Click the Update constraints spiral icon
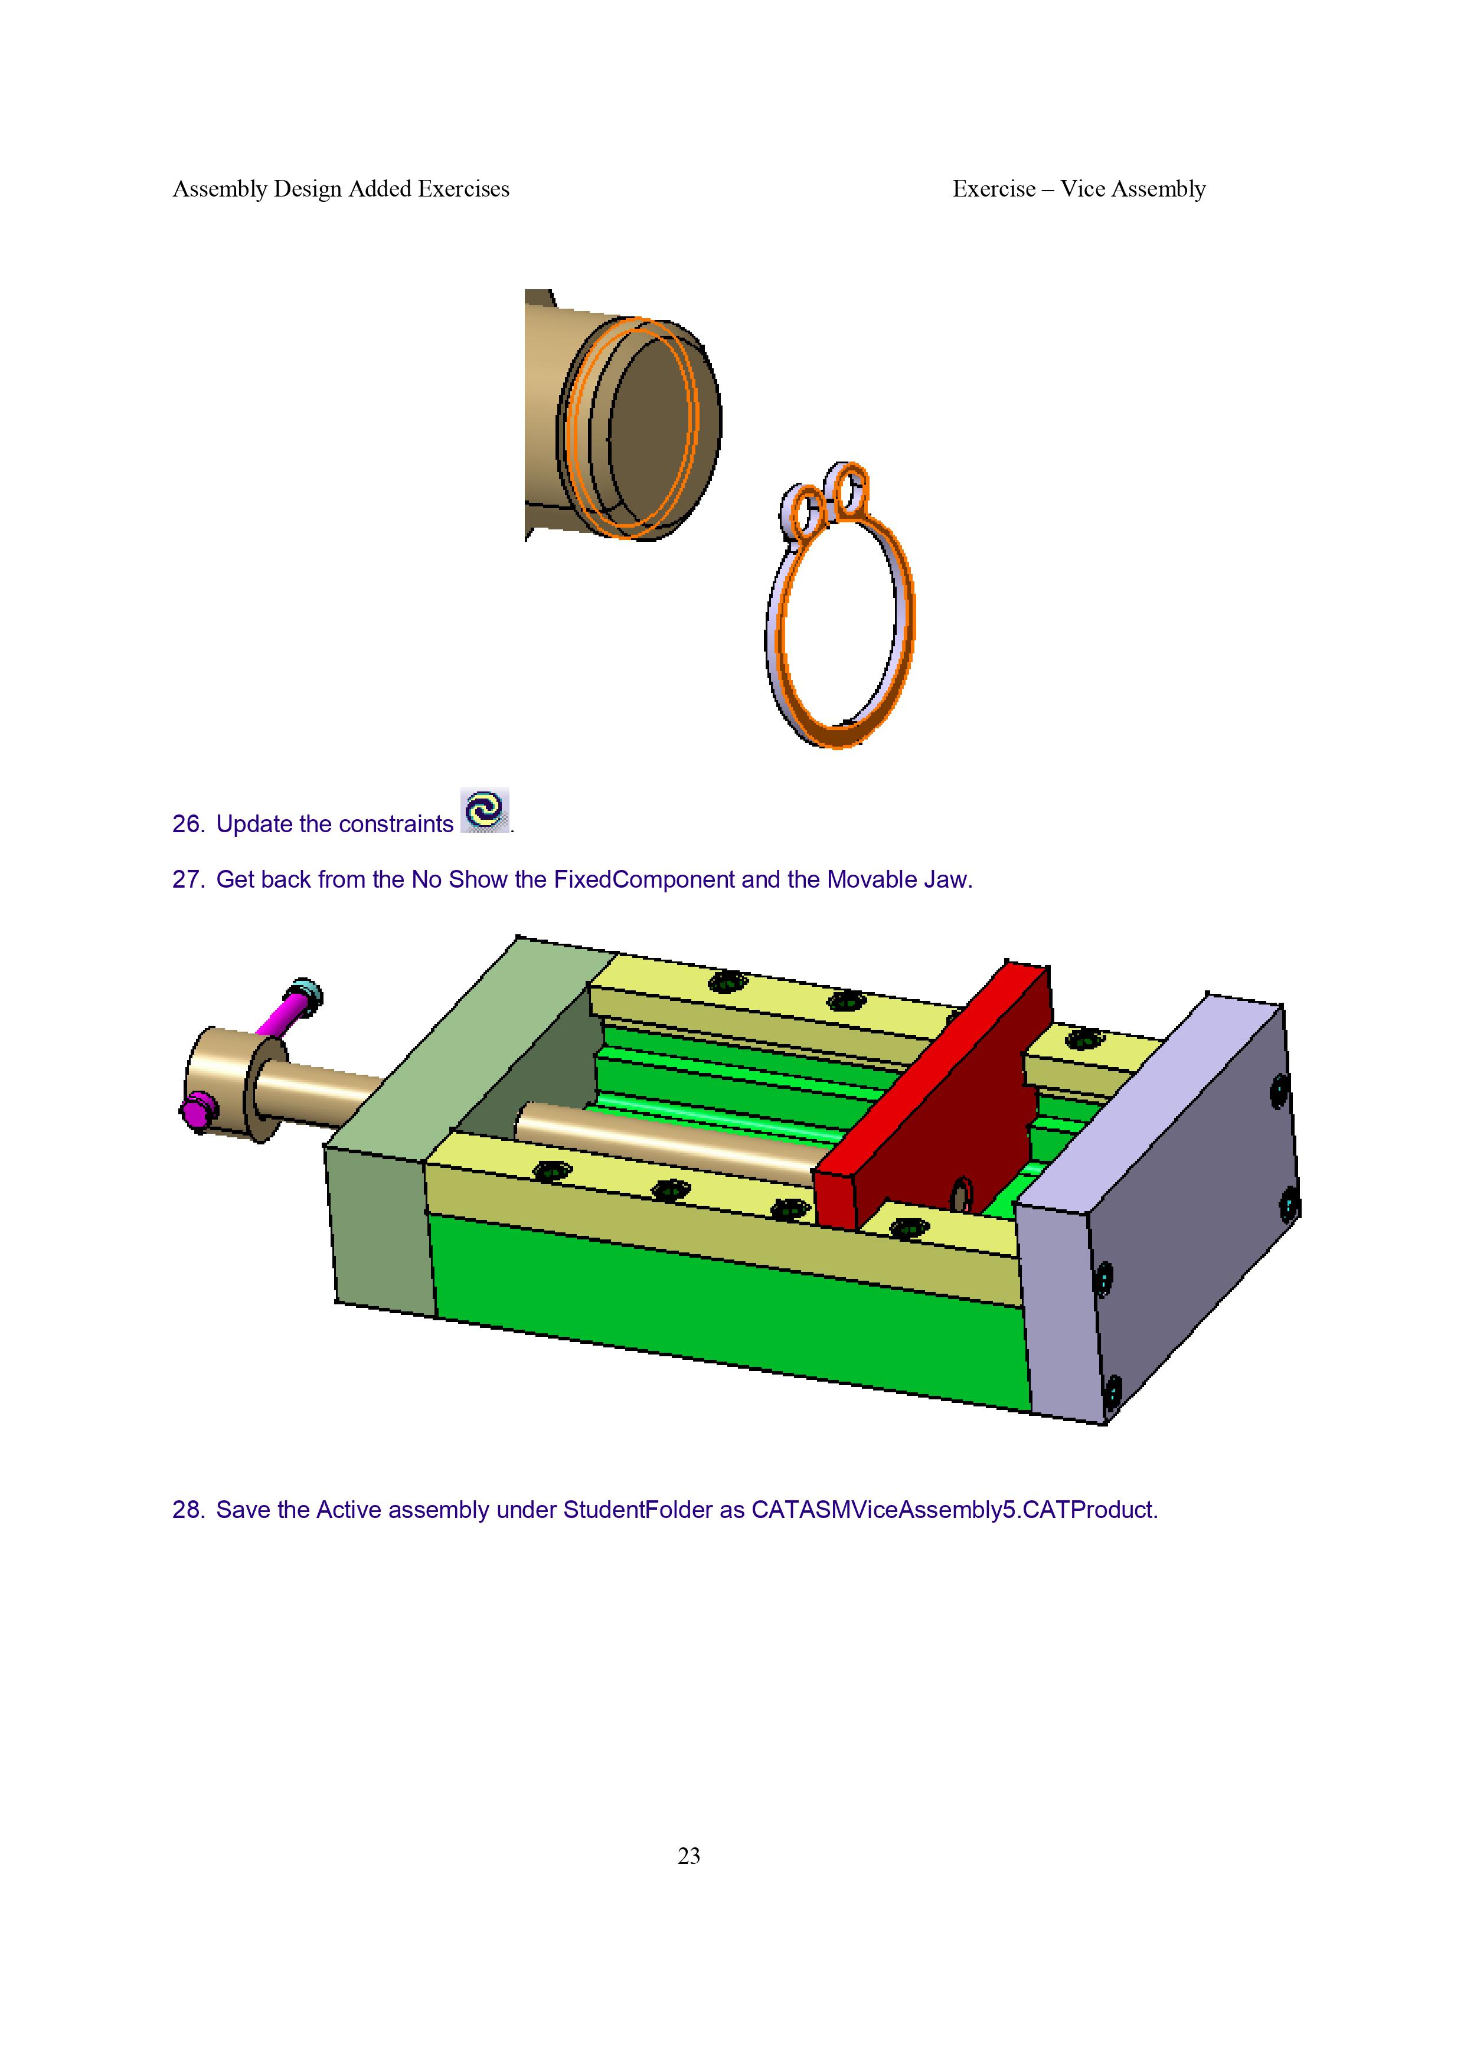[485, 809]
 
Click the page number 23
[688, 1856]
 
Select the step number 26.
[188, 823]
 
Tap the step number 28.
[188, 1509]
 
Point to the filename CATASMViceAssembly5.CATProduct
[955, 1509]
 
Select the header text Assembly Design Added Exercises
[341, 188]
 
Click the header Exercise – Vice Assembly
[1079, 188]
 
